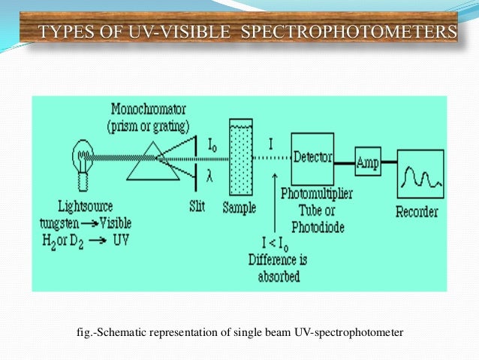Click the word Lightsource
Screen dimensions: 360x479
(83, 205)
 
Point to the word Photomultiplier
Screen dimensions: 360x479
(321, 196)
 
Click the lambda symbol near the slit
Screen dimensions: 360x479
(210, 175)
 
